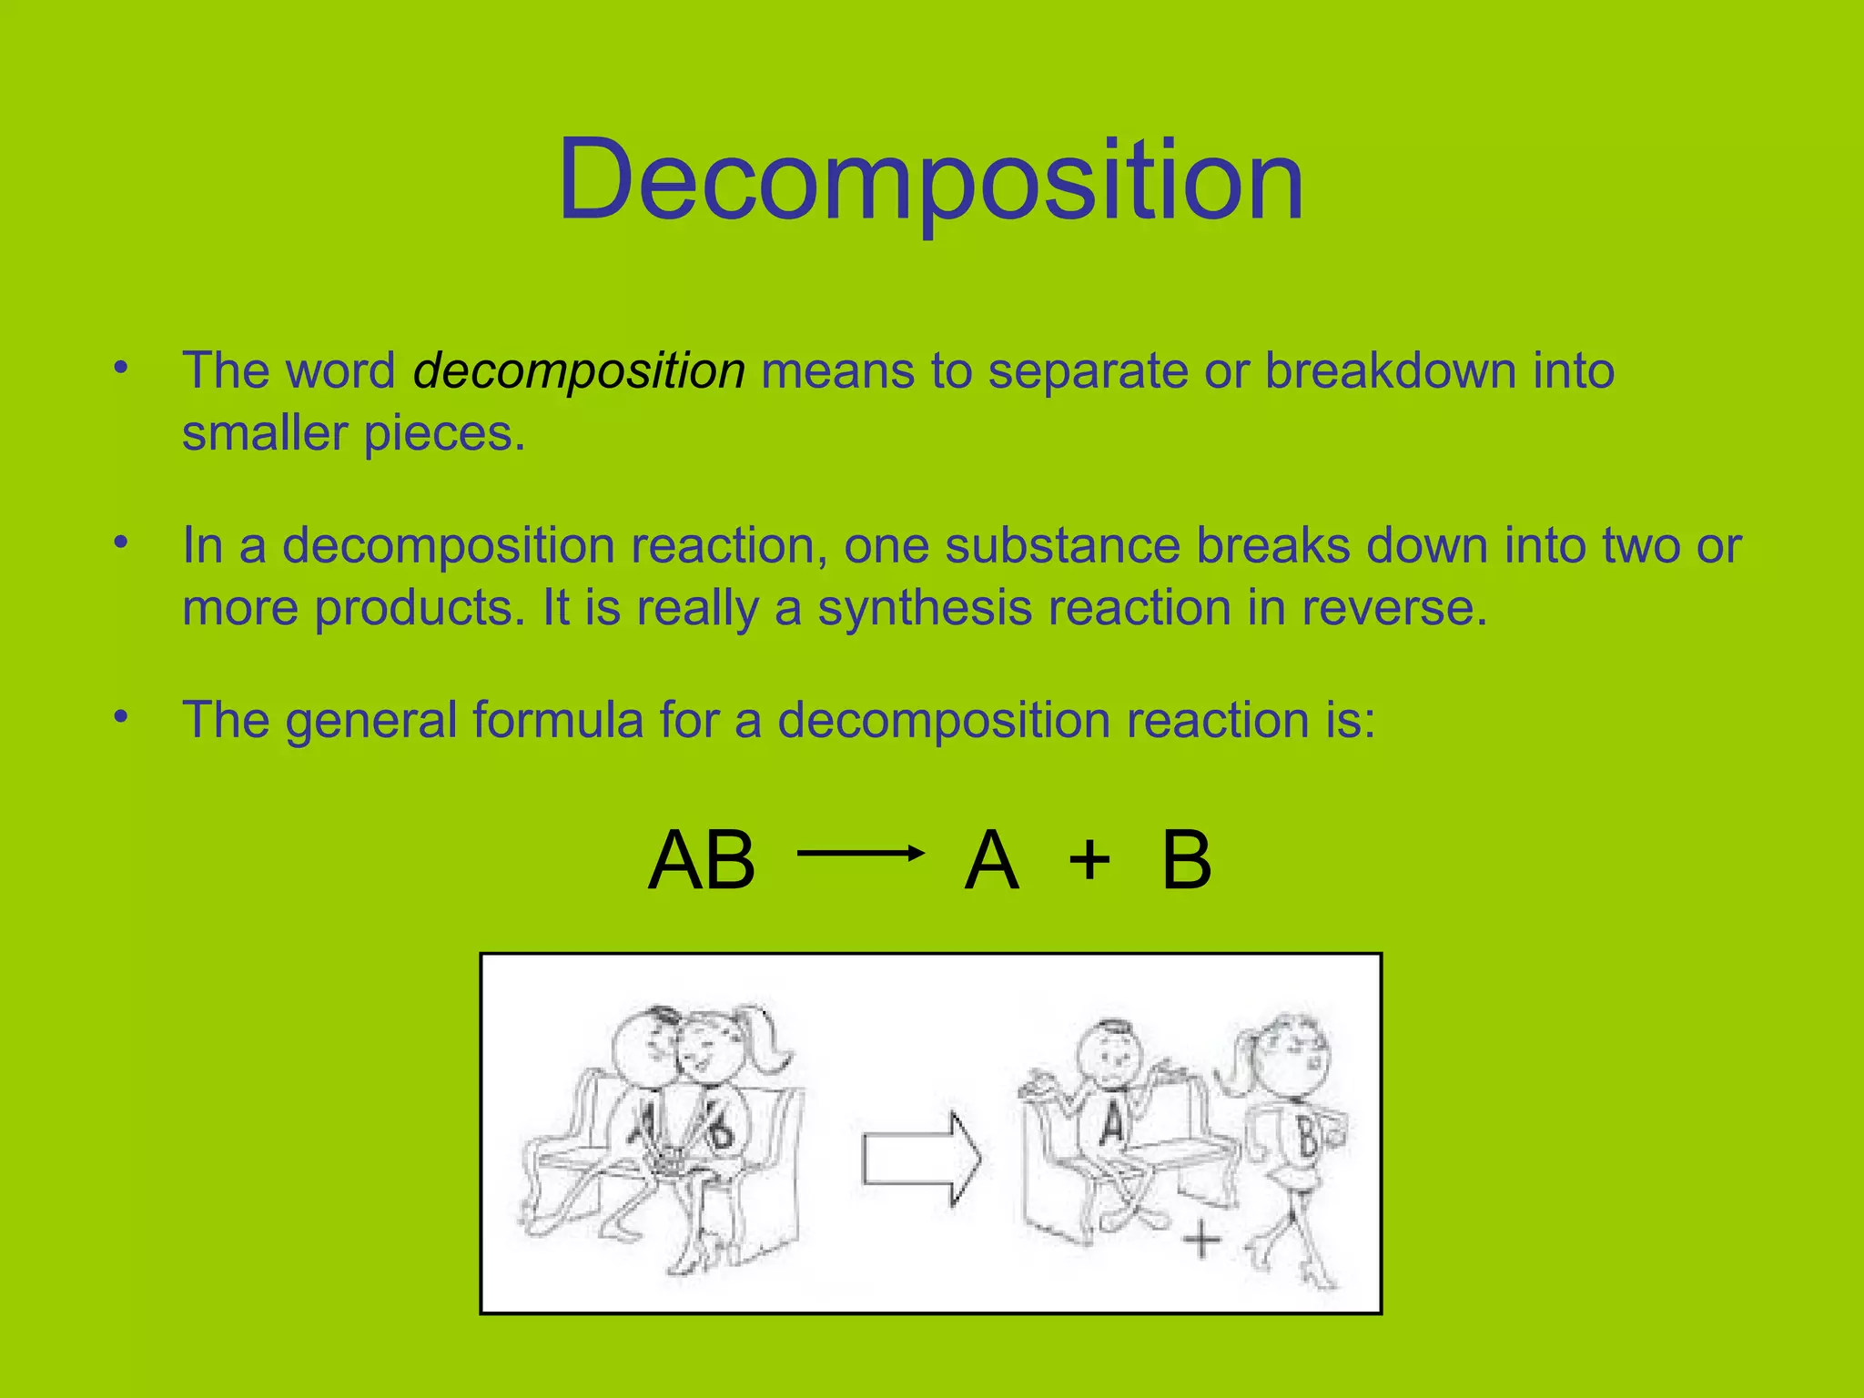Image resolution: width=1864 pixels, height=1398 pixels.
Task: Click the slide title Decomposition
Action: [931, 179]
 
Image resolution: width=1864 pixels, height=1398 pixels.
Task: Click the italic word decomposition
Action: [579, 371]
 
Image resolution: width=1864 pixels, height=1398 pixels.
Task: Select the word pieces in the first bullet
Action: [443, 434]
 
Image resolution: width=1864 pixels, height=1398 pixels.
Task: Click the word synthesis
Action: [924, 608]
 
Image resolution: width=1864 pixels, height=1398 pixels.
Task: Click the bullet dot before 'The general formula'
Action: [121, 717]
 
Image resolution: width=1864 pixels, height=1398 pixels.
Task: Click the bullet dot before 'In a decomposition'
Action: [121, 542]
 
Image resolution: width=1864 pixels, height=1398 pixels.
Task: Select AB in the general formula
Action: [702, 860]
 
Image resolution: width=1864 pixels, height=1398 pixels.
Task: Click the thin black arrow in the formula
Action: [860, 853]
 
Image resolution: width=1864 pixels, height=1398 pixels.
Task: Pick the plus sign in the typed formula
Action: [1089, 860]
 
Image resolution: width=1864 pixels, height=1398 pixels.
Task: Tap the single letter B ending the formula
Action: [1187, 860]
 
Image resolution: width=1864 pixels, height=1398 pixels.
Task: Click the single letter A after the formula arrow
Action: [991, 860]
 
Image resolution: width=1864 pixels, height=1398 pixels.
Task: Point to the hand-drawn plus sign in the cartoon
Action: [1201, 1240]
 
